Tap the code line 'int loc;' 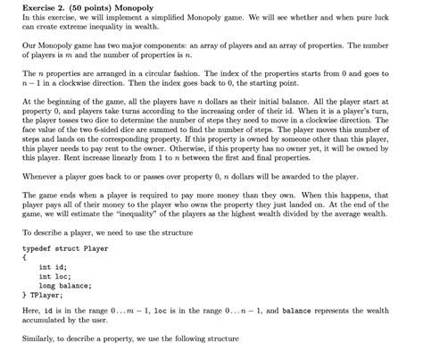point(54,277)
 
